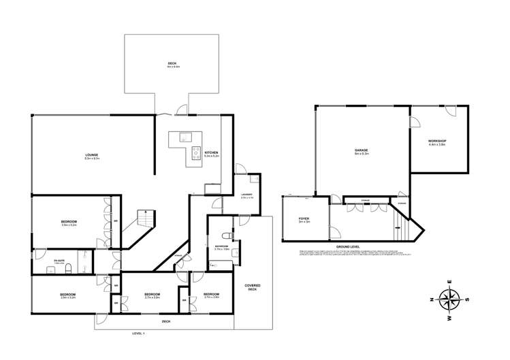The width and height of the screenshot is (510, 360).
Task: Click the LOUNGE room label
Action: click(92, 154)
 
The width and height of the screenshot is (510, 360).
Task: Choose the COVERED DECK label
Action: click(253, 287)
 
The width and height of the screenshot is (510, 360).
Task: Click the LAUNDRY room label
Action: click(247, 195)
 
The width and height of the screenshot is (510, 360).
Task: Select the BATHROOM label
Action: click(221, 246)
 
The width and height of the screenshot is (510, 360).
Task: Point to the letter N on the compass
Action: click(432, 299)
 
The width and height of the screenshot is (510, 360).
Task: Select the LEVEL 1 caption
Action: click(139, 333)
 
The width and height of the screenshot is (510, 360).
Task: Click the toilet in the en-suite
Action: click(67, 269)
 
